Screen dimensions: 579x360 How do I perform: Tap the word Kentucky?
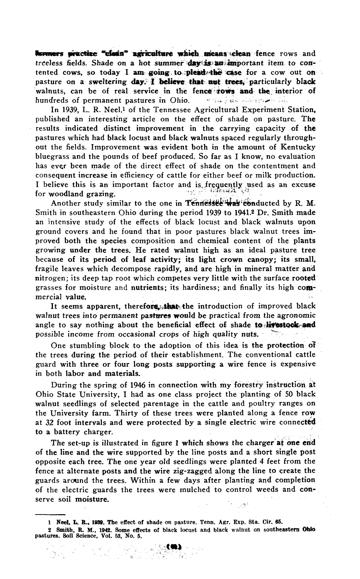click(x=297, y=147)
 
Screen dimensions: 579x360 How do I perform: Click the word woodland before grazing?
click(x=69, y=194)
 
